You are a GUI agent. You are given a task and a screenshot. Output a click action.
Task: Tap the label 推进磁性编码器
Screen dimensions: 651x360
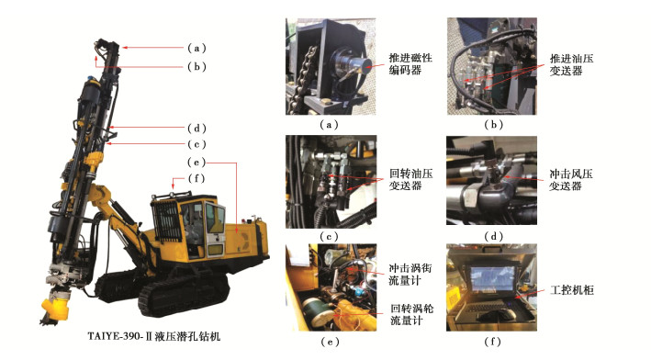(410, 64)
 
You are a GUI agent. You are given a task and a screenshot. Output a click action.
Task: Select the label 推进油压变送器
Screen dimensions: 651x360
(571, 64)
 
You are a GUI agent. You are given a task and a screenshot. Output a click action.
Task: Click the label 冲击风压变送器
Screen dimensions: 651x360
(571, 180)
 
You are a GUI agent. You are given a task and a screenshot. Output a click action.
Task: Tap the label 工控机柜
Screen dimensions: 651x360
(572, 289)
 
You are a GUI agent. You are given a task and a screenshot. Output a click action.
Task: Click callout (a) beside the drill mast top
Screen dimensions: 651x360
(196, 48)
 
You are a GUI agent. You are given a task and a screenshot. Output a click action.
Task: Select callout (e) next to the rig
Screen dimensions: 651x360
(196, 162)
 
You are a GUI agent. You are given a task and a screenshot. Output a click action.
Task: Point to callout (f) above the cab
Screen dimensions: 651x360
(196, 178)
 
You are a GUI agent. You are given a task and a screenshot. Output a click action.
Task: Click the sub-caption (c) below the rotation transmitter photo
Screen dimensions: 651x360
(329, 237)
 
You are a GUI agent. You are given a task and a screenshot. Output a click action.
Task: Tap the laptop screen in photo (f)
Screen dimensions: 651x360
(492, 278)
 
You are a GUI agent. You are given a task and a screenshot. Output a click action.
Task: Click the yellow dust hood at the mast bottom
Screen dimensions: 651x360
(56, 306)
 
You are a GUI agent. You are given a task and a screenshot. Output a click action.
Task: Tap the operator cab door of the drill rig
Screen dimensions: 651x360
(216, 230)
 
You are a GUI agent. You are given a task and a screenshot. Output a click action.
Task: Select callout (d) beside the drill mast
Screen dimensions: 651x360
(196, 128)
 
